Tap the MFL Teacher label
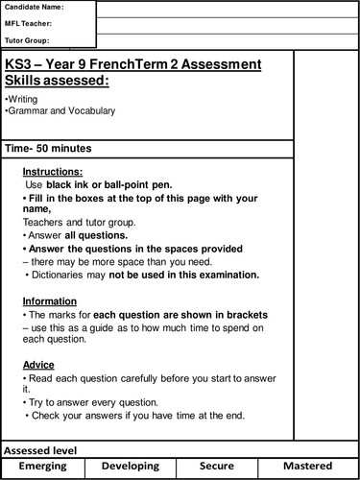pos(28,25)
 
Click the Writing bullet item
pos(21,99)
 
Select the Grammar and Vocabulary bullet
pos(60,111)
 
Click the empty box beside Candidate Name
pos(226,9)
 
